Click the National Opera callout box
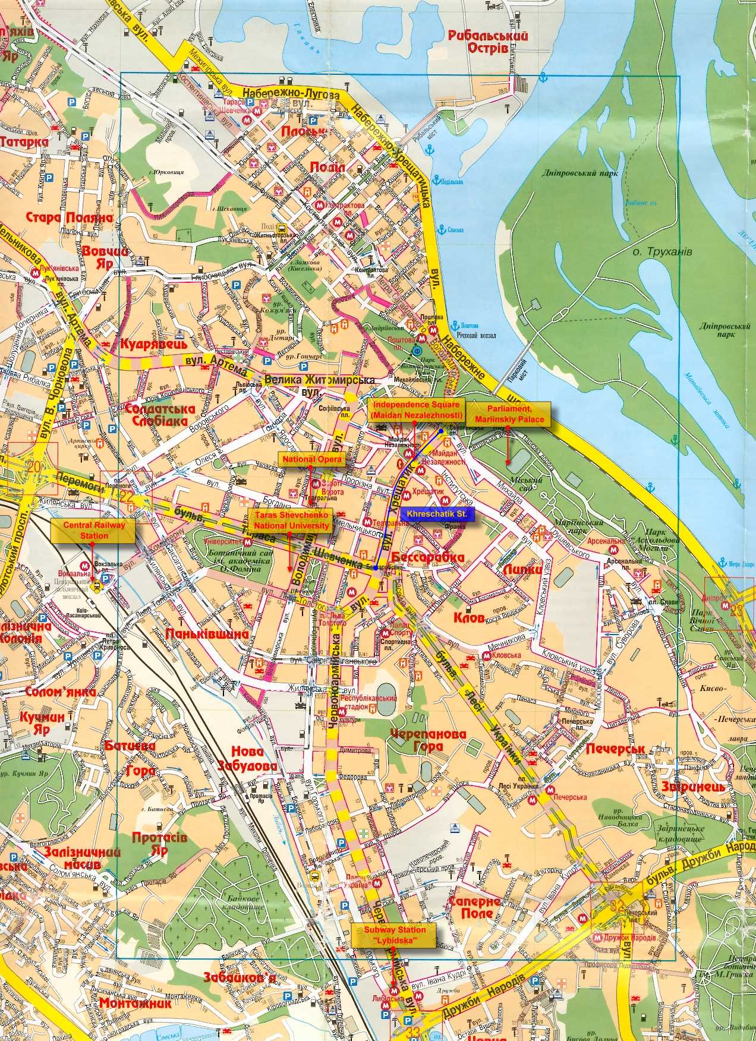point(303,459)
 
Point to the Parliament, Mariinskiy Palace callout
point(508,414)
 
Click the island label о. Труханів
point(662,252)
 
